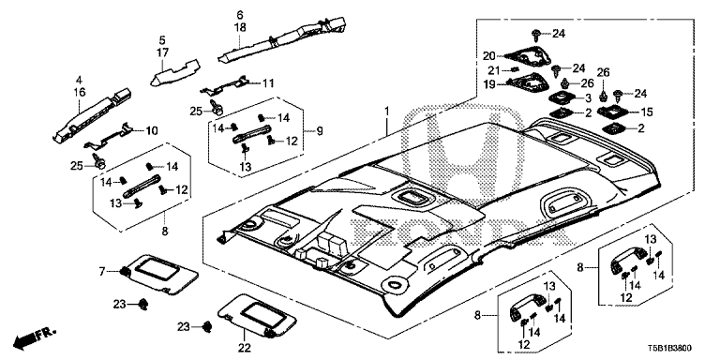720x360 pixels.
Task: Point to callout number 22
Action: coord(245,348)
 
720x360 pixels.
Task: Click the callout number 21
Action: coord(488,69)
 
